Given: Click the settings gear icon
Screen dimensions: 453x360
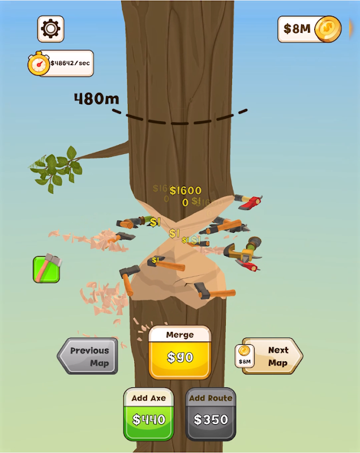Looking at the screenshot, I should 51,28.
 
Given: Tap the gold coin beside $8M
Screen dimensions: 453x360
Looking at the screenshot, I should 328,29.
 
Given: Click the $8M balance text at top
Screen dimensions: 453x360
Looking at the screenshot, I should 297,29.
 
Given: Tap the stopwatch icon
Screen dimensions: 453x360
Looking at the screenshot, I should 38,63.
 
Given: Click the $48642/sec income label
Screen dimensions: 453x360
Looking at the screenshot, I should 70,63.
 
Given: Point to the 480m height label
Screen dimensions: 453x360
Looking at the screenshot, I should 96,99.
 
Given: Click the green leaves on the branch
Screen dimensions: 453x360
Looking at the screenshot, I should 57,168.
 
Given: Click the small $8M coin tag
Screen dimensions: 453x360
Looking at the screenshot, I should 245,356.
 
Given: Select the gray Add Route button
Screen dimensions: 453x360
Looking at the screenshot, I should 211,414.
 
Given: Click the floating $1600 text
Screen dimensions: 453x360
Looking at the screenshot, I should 185,190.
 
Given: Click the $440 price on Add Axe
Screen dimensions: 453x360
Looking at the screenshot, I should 149,420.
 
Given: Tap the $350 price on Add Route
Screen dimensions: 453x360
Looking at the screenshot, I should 211,420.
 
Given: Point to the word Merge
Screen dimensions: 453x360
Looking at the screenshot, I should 179,335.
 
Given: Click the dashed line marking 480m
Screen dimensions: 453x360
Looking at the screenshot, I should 181,120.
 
